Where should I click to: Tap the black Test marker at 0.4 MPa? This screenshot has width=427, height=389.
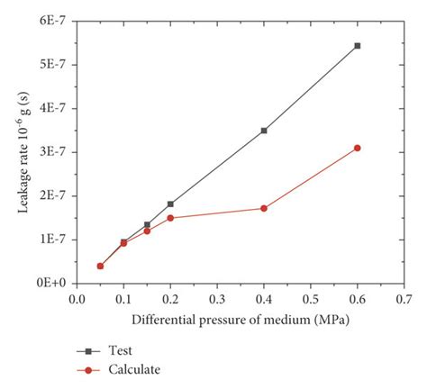pos(264,131)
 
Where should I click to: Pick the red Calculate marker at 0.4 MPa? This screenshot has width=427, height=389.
pos(264,208)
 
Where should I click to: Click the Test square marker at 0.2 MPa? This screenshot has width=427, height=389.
pos(170,204)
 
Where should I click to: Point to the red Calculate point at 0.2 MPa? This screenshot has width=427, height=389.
pos(170,218)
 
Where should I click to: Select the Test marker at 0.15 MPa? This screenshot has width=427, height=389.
pos(147,225)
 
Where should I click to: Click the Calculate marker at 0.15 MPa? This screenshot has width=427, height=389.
pos(147,231)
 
